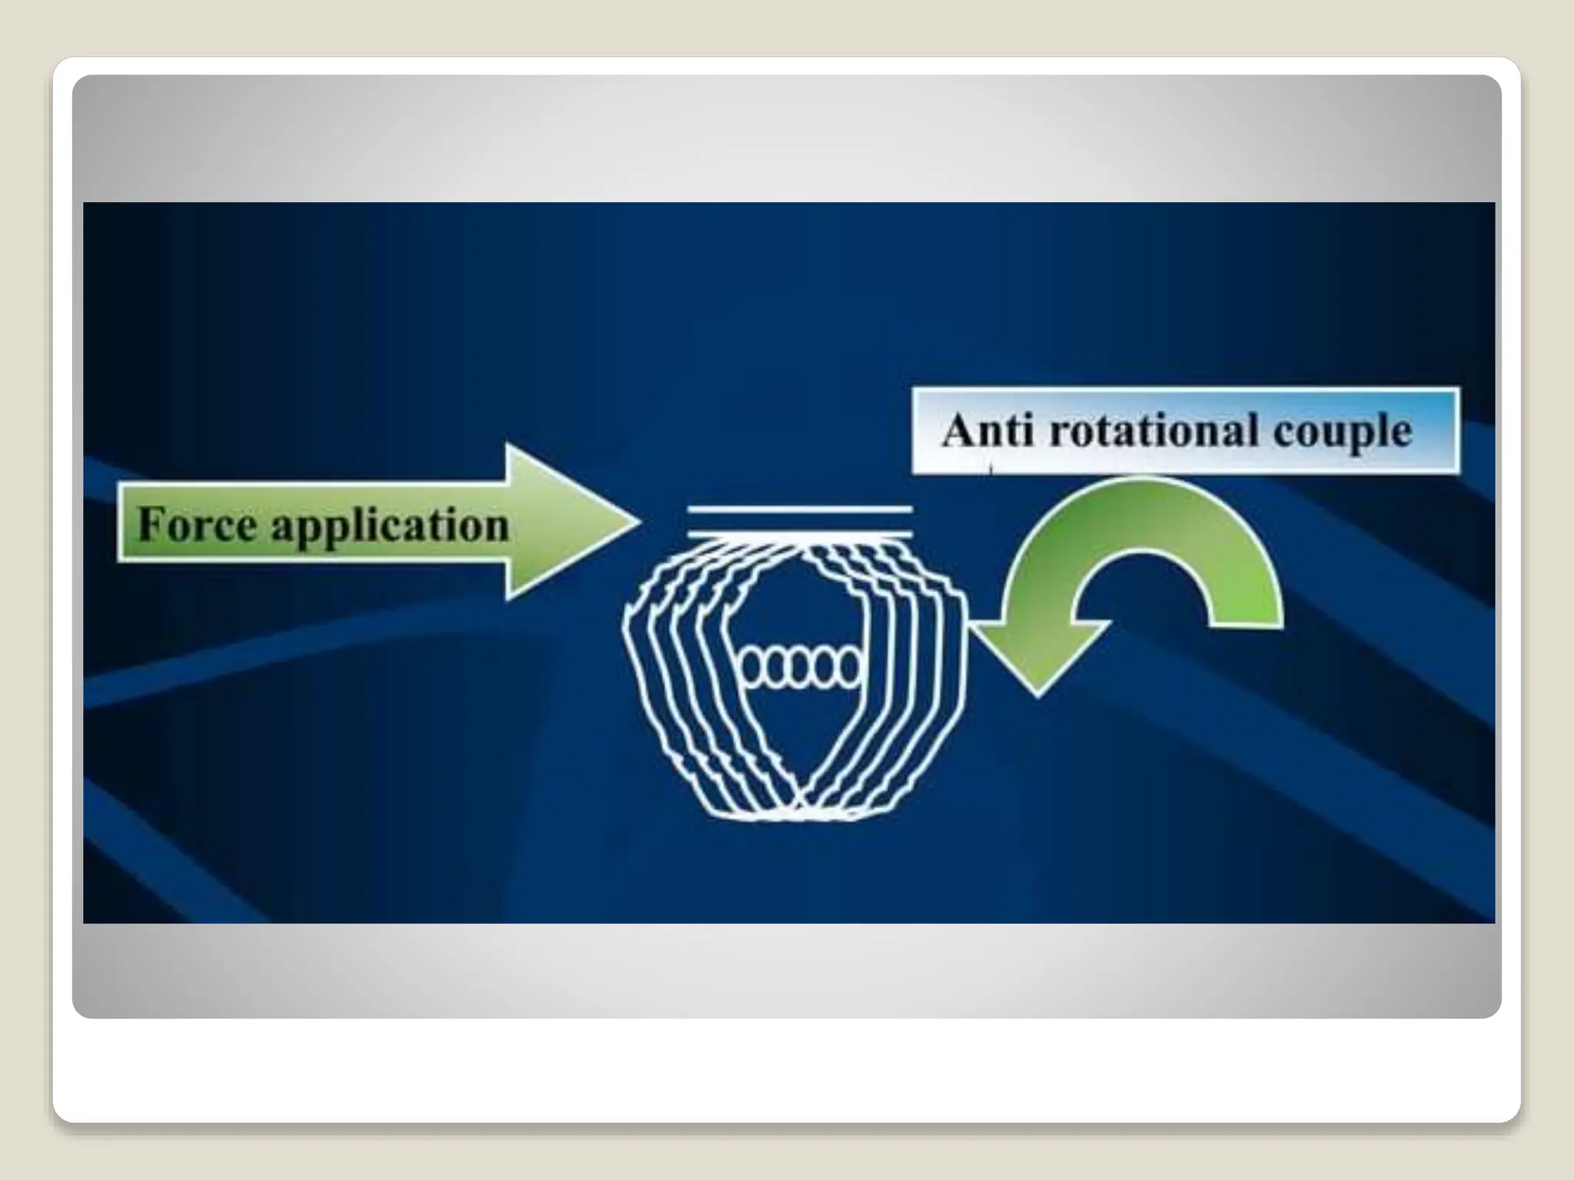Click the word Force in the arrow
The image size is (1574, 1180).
pyautogui.click(x=197, y=525)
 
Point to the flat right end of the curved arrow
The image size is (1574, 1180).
pyautogui.click(x=1247, y=623)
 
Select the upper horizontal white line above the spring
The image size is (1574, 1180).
pyautogui.click(x=799, y=509)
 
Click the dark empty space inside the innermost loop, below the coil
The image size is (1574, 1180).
pyautogui.click(x=799, y=737)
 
